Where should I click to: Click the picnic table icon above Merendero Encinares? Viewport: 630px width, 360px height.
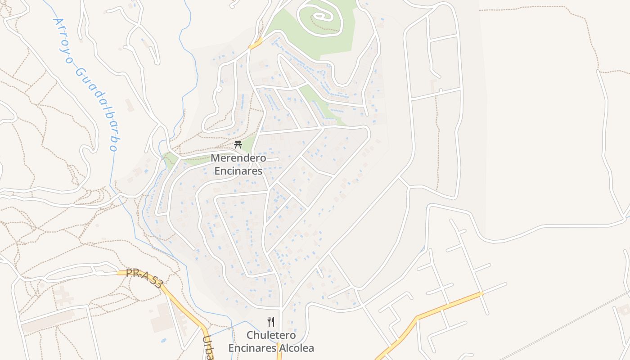238,144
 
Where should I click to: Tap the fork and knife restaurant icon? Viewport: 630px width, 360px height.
271,321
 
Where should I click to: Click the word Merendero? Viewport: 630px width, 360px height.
238,158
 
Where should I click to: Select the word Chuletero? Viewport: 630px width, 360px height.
271,335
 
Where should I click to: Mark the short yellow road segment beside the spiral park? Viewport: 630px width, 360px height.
255,44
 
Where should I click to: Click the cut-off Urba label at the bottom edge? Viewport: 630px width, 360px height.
208,349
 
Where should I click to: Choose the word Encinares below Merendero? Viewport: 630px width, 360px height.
238,171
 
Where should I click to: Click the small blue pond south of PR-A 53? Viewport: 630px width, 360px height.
163,340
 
